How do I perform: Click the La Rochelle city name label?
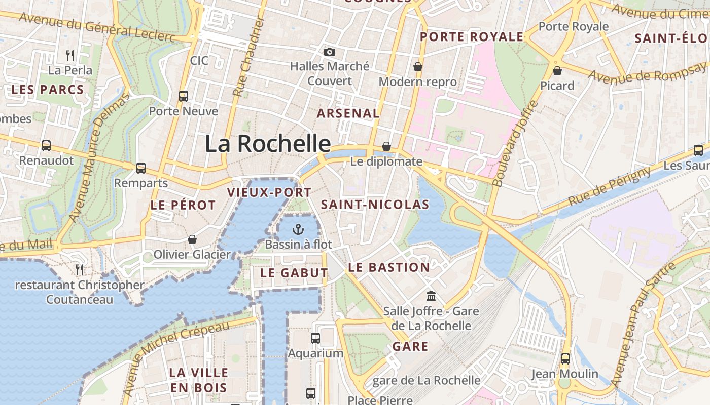[x=268, y=144]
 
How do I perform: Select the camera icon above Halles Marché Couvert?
[x=330, y=52]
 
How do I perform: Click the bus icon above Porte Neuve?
[x=184, y=96]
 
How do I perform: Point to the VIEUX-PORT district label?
[x=269, y=192]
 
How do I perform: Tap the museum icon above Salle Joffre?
[x=431, y=296]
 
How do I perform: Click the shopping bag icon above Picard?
[x=557, y=71]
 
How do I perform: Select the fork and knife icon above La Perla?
[x=70, y=55]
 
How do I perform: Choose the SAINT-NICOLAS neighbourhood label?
[x=375, y=205]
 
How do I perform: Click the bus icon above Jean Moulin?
[x=565, y=359]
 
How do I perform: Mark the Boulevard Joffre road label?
[x=515, y=144]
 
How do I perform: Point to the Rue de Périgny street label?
[x=609, y=186]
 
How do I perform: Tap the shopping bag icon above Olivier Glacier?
[x=192, y=239]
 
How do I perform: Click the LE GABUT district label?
[x=294, y=273]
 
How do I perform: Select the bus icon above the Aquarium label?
[x=315, y=338]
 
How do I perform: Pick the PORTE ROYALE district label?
[x=472, y=37]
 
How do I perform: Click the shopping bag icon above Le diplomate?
[x=386, y=146]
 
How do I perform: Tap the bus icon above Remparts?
[x=141, y=168]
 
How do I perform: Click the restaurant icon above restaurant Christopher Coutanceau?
[x=80, y=269]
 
